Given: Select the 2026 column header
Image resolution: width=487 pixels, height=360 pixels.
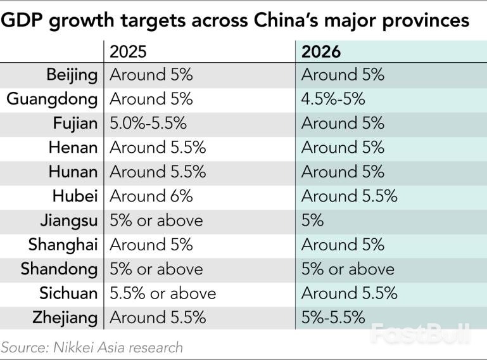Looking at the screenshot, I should click(320, 51).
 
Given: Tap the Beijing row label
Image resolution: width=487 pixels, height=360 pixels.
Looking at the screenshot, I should click(72, 75).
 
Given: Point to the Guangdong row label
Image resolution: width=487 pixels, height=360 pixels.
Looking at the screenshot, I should click(52, 100).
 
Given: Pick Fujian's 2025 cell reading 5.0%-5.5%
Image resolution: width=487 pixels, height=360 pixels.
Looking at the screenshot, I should click(148, 124).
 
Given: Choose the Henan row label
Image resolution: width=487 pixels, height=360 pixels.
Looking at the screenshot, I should click(73, 148).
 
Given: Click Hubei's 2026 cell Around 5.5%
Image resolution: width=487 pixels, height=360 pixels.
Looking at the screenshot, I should click(349, 196).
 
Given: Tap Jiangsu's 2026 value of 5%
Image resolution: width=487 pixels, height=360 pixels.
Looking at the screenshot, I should click(312, 221).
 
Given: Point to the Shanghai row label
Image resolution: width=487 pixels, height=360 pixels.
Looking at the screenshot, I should click(63, 245).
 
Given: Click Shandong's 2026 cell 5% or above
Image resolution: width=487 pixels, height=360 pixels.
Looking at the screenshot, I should click(347, 269).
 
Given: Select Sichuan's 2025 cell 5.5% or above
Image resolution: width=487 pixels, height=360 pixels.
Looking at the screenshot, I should click(163, 293).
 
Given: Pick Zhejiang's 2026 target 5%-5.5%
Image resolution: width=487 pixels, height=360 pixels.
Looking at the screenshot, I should click(333, 318).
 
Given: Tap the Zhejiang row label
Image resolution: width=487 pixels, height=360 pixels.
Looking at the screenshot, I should click(66, 318).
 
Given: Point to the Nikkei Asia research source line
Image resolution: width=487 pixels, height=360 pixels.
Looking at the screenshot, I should click(92, 347).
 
